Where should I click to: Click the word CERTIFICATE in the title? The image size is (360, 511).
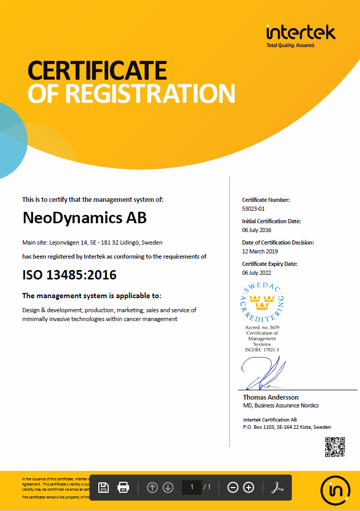[x=97, y=70]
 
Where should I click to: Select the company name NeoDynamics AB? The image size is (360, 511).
[x=85, y=218]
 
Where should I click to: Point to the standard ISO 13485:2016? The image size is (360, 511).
[x=69, y=274]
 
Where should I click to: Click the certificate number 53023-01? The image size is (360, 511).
[x=254, y=209]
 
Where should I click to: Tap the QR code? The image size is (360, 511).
[x=335, y=447]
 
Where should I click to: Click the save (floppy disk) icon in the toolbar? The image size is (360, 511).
[x=104, y=487]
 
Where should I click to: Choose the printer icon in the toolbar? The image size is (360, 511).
[x=123, y=487]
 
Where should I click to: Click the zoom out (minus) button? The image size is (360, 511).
[x=233, y=487]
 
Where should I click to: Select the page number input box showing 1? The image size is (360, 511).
[x=191, y=487]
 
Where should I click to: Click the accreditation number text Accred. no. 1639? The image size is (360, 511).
[x=263, y=327]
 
